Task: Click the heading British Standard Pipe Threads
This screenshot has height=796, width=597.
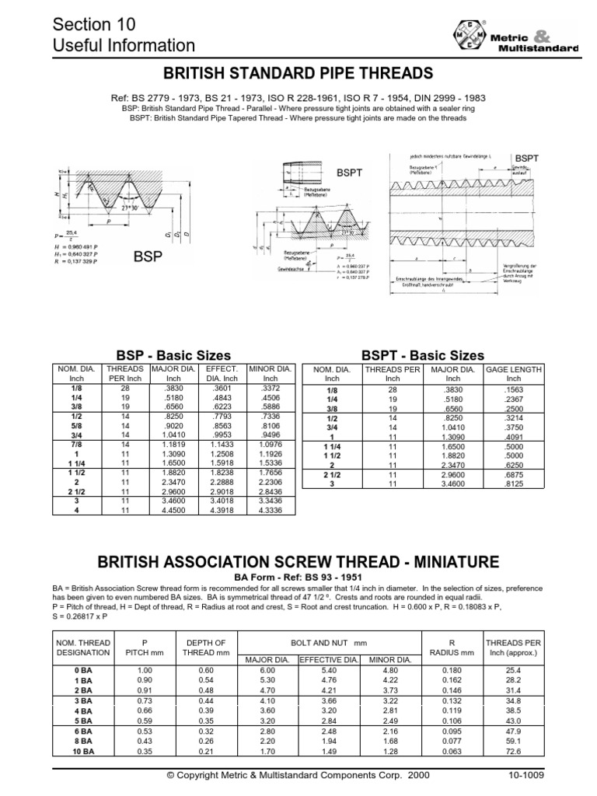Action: click(x=298, y=74)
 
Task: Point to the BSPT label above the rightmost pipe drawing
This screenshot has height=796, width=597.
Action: click(x=526, y=157)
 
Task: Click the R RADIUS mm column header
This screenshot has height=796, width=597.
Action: click(x=444, y=648)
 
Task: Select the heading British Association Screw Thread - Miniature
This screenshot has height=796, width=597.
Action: click(x=298, y=561)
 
